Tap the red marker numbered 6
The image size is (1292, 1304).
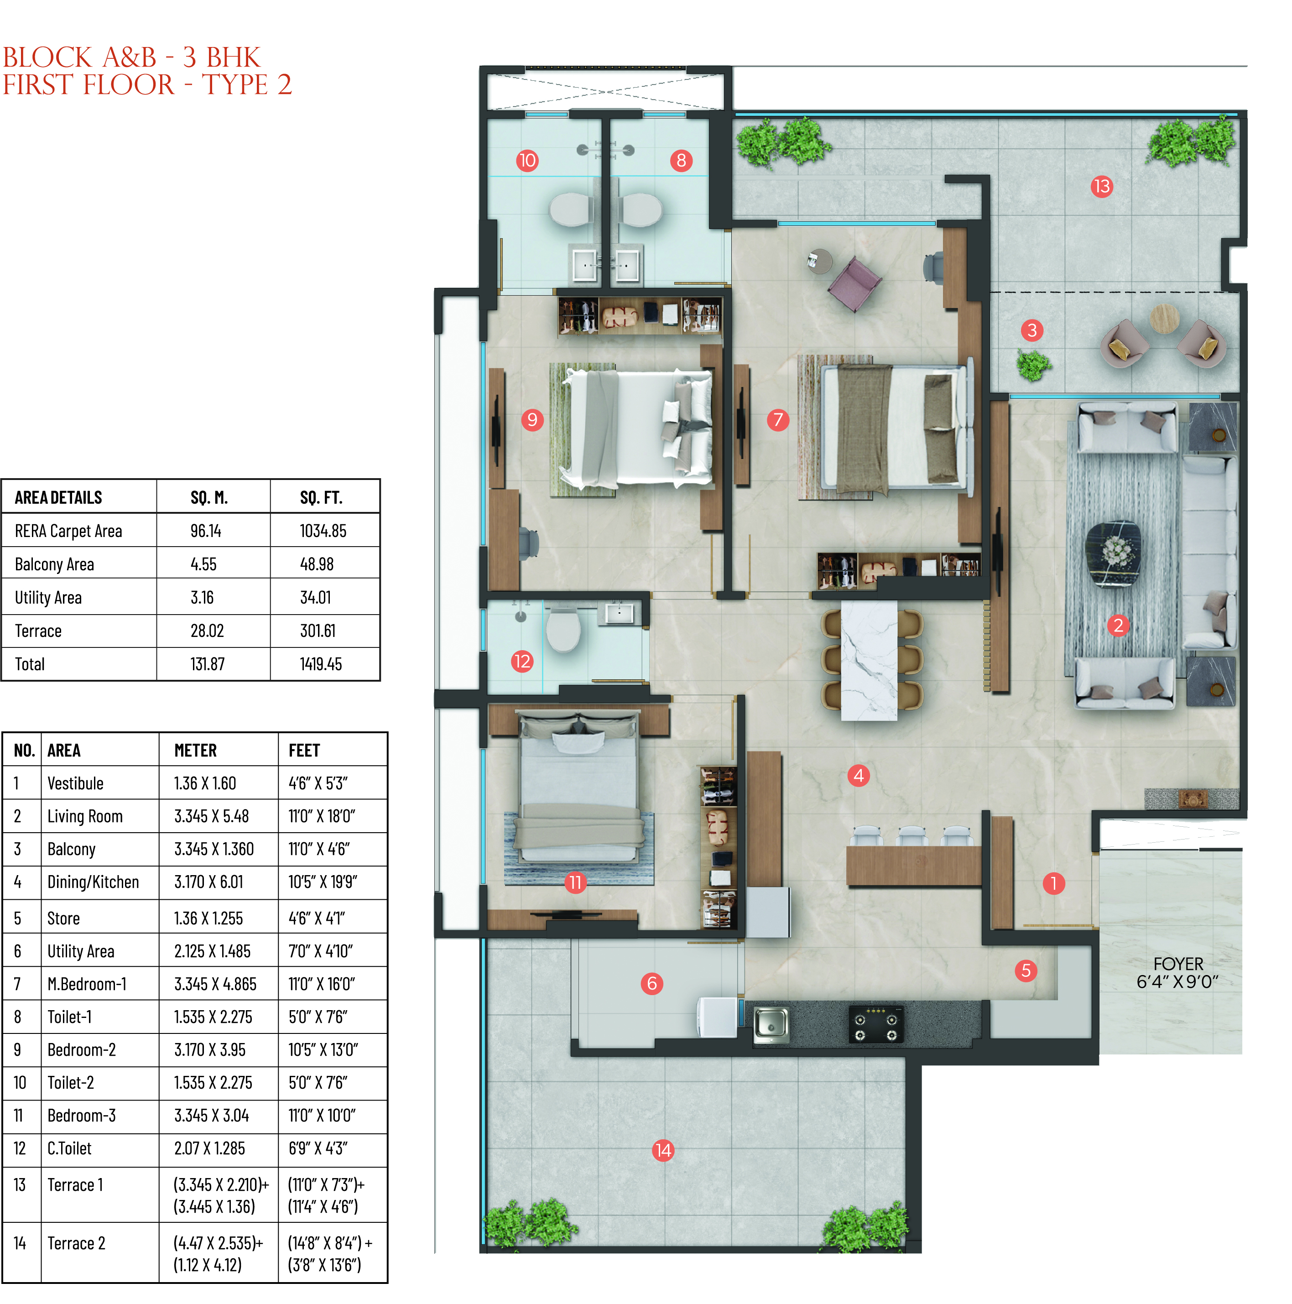click(x=651, y=983)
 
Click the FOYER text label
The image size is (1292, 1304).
click(x=1178, y=964)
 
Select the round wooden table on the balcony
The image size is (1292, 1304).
click(x=1164, y=318)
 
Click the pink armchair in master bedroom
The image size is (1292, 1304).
click(x=854, y=283)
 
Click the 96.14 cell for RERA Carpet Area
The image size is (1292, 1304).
click(x=206, y=531)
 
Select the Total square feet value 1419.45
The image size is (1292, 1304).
click(x=321, y=664)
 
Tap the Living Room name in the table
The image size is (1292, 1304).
click(x=85, y=817)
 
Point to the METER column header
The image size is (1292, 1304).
click(x=196, y=751)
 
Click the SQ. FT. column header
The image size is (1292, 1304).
click(x=321, y=498)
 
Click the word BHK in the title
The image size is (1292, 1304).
click(x=233, y=57)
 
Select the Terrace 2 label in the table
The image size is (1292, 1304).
click(x=76, y=1243)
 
